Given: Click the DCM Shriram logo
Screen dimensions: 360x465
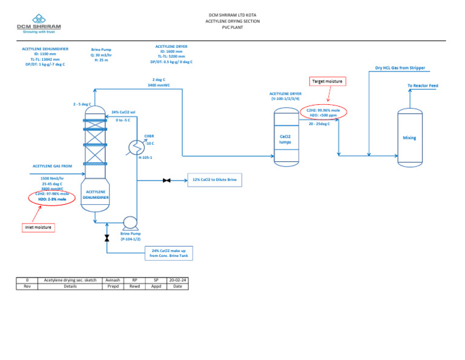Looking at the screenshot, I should (39, 28).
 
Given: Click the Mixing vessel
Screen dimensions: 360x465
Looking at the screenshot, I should (409, 138).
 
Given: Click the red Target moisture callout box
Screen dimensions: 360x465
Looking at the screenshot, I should (327, 81).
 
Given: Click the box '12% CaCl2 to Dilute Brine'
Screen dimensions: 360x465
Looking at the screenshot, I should (214, 180).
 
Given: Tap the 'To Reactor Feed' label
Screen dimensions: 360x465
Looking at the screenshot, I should (423, 86).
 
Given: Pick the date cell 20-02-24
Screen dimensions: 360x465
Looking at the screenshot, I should (177, 280).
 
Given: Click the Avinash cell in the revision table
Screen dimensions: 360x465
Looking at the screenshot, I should (113, 280).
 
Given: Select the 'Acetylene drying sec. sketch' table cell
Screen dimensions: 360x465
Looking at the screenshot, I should (70, 280).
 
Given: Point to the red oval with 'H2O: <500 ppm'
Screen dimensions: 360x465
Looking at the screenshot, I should (323, 112).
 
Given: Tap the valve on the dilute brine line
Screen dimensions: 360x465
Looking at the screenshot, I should (167, 180).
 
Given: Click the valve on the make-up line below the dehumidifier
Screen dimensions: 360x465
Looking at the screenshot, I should (107, 238).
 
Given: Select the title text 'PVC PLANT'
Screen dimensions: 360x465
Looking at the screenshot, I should (232, 27).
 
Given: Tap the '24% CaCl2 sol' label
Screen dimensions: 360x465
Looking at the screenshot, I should (124, 112).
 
